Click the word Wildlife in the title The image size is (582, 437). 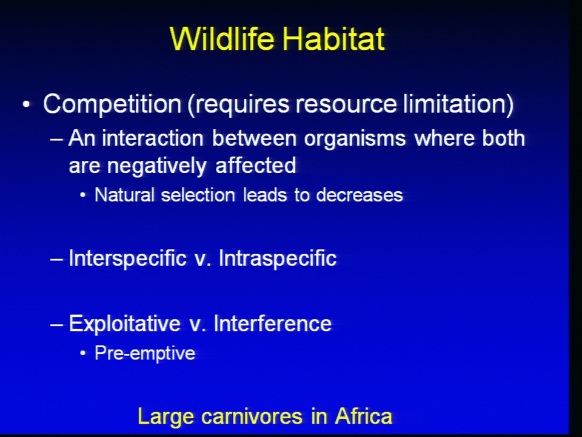click(222, 39)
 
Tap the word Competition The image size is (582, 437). click(112, 104)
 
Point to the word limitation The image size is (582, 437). click(456, 103)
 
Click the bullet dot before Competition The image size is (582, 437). click(26, 104)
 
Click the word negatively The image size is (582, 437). click(156, 166)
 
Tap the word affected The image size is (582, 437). click(256, 165)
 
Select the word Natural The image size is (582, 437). click(124, 195)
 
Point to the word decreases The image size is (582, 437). click(360, 195)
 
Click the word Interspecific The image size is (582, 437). click(127, 259)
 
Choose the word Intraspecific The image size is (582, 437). click(278, 259)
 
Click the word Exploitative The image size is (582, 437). click(125, 324)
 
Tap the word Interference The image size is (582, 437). click(272, 324)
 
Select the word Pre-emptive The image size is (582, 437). click(145, 353)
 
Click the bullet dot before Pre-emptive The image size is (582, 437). click(83, 353)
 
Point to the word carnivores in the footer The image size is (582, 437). click(252, 417)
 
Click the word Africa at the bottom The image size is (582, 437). click(363, 416)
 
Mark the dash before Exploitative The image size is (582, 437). click(57, 324)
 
